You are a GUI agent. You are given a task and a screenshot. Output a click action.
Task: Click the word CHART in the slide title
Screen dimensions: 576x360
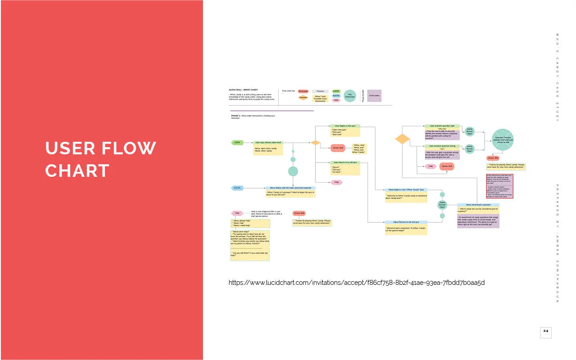click(x=77, y=171)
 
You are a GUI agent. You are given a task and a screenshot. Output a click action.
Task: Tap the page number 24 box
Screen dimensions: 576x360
click(x=545, y=332)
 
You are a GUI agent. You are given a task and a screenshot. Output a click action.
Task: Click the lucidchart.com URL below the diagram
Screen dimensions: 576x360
click(x=356, y=283)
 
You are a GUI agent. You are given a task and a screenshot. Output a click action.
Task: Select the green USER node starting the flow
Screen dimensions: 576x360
click(x=237, y=143)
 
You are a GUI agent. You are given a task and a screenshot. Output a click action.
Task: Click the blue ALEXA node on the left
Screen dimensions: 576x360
click(x=237, y=188)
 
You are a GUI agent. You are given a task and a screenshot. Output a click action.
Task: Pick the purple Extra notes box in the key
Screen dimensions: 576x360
click(x=374, y=95)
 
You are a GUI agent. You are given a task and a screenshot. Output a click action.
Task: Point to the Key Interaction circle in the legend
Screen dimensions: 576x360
click(x=350, y=95)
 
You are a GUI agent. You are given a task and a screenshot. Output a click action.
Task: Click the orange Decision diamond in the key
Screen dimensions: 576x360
click(x=303, y=97)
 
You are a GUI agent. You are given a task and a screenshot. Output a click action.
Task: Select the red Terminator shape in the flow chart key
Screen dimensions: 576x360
click(x=303, y=91)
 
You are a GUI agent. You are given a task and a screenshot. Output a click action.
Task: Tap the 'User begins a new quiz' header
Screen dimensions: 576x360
click(x=345, y=126)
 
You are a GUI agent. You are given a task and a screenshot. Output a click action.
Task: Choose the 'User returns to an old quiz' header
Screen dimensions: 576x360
click(x=345, y=162)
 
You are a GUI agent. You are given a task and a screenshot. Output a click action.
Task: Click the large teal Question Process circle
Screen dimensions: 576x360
click(x=503, y=139)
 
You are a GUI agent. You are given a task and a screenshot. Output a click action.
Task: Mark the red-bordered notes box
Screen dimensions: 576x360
click(x=499, y=186)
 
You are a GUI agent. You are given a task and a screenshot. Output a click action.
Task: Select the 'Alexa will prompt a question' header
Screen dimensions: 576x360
click(x=478, y=205)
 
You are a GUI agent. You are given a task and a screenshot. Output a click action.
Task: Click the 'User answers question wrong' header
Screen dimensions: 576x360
click(x=442, y=146)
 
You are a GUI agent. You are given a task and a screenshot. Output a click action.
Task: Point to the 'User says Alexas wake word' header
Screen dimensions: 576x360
click(x=269, y=143)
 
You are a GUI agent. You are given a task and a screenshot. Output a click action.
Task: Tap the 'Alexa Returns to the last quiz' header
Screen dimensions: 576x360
click(x=406, y=222)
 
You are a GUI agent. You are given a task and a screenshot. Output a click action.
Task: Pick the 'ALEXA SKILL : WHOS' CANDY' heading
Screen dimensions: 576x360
click(x=243, y=90)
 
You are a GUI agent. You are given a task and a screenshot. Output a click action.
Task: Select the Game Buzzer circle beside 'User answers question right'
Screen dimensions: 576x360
click(x=470, y=132)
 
